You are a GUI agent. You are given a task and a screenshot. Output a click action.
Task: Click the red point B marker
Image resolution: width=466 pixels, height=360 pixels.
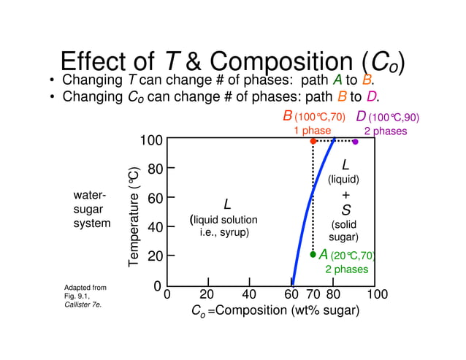(x=313, y=141)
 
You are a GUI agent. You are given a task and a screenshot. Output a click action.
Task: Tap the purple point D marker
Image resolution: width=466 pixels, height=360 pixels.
(x=355, y=142)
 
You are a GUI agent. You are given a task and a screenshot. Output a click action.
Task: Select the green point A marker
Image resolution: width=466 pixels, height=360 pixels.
(x=313, y=255)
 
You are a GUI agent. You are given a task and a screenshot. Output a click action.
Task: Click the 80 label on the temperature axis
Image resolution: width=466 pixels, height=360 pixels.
(x=155, y=169)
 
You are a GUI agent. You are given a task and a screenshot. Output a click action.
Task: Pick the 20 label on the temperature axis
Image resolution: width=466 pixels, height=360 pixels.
(x=155, y=256)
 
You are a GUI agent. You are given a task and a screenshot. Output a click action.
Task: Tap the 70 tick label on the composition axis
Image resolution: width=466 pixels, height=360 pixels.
(x=313, y=294)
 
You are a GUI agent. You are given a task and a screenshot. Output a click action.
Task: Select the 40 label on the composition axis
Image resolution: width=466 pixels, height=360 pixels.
(x=250, y=294)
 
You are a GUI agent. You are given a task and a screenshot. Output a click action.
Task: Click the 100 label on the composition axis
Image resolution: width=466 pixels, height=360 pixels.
(x=376, y=294)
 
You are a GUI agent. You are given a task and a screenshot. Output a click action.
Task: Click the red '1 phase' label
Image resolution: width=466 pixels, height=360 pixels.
(x=312, y=131)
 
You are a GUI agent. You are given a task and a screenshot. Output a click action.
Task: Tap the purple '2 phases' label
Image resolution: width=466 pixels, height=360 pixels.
(x=385, y=131)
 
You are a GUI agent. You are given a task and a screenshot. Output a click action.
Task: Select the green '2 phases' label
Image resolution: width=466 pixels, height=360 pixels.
(x=346, y=269)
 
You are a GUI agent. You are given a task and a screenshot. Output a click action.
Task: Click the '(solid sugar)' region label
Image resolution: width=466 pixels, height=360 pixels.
(x=343, y=231)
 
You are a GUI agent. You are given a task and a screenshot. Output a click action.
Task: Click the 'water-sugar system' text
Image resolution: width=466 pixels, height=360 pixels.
(x=92, y=210)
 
